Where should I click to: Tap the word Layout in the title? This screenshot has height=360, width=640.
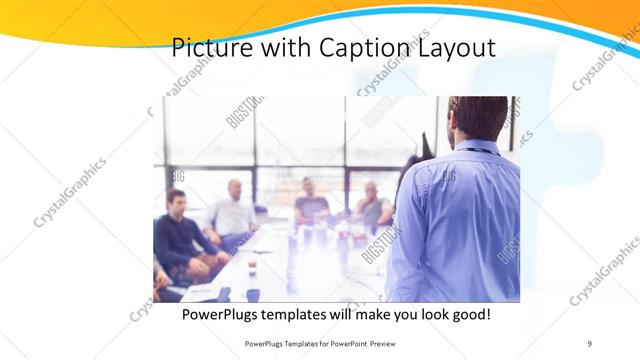pyautogui.click(x=454, y=47)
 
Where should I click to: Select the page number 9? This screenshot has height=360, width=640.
pyautogui.click(x=589, y=343)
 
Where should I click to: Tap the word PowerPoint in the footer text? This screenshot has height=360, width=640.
pyautogui.click(x=349, y=343)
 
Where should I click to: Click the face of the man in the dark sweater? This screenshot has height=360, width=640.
pyautogui.click(x=176, y=201)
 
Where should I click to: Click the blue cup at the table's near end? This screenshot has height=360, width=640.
pyautogui.click(x=253, y=294)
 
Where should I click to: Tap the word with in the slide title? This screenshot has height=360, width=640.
pyautogui.click(x=286, y=47)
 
